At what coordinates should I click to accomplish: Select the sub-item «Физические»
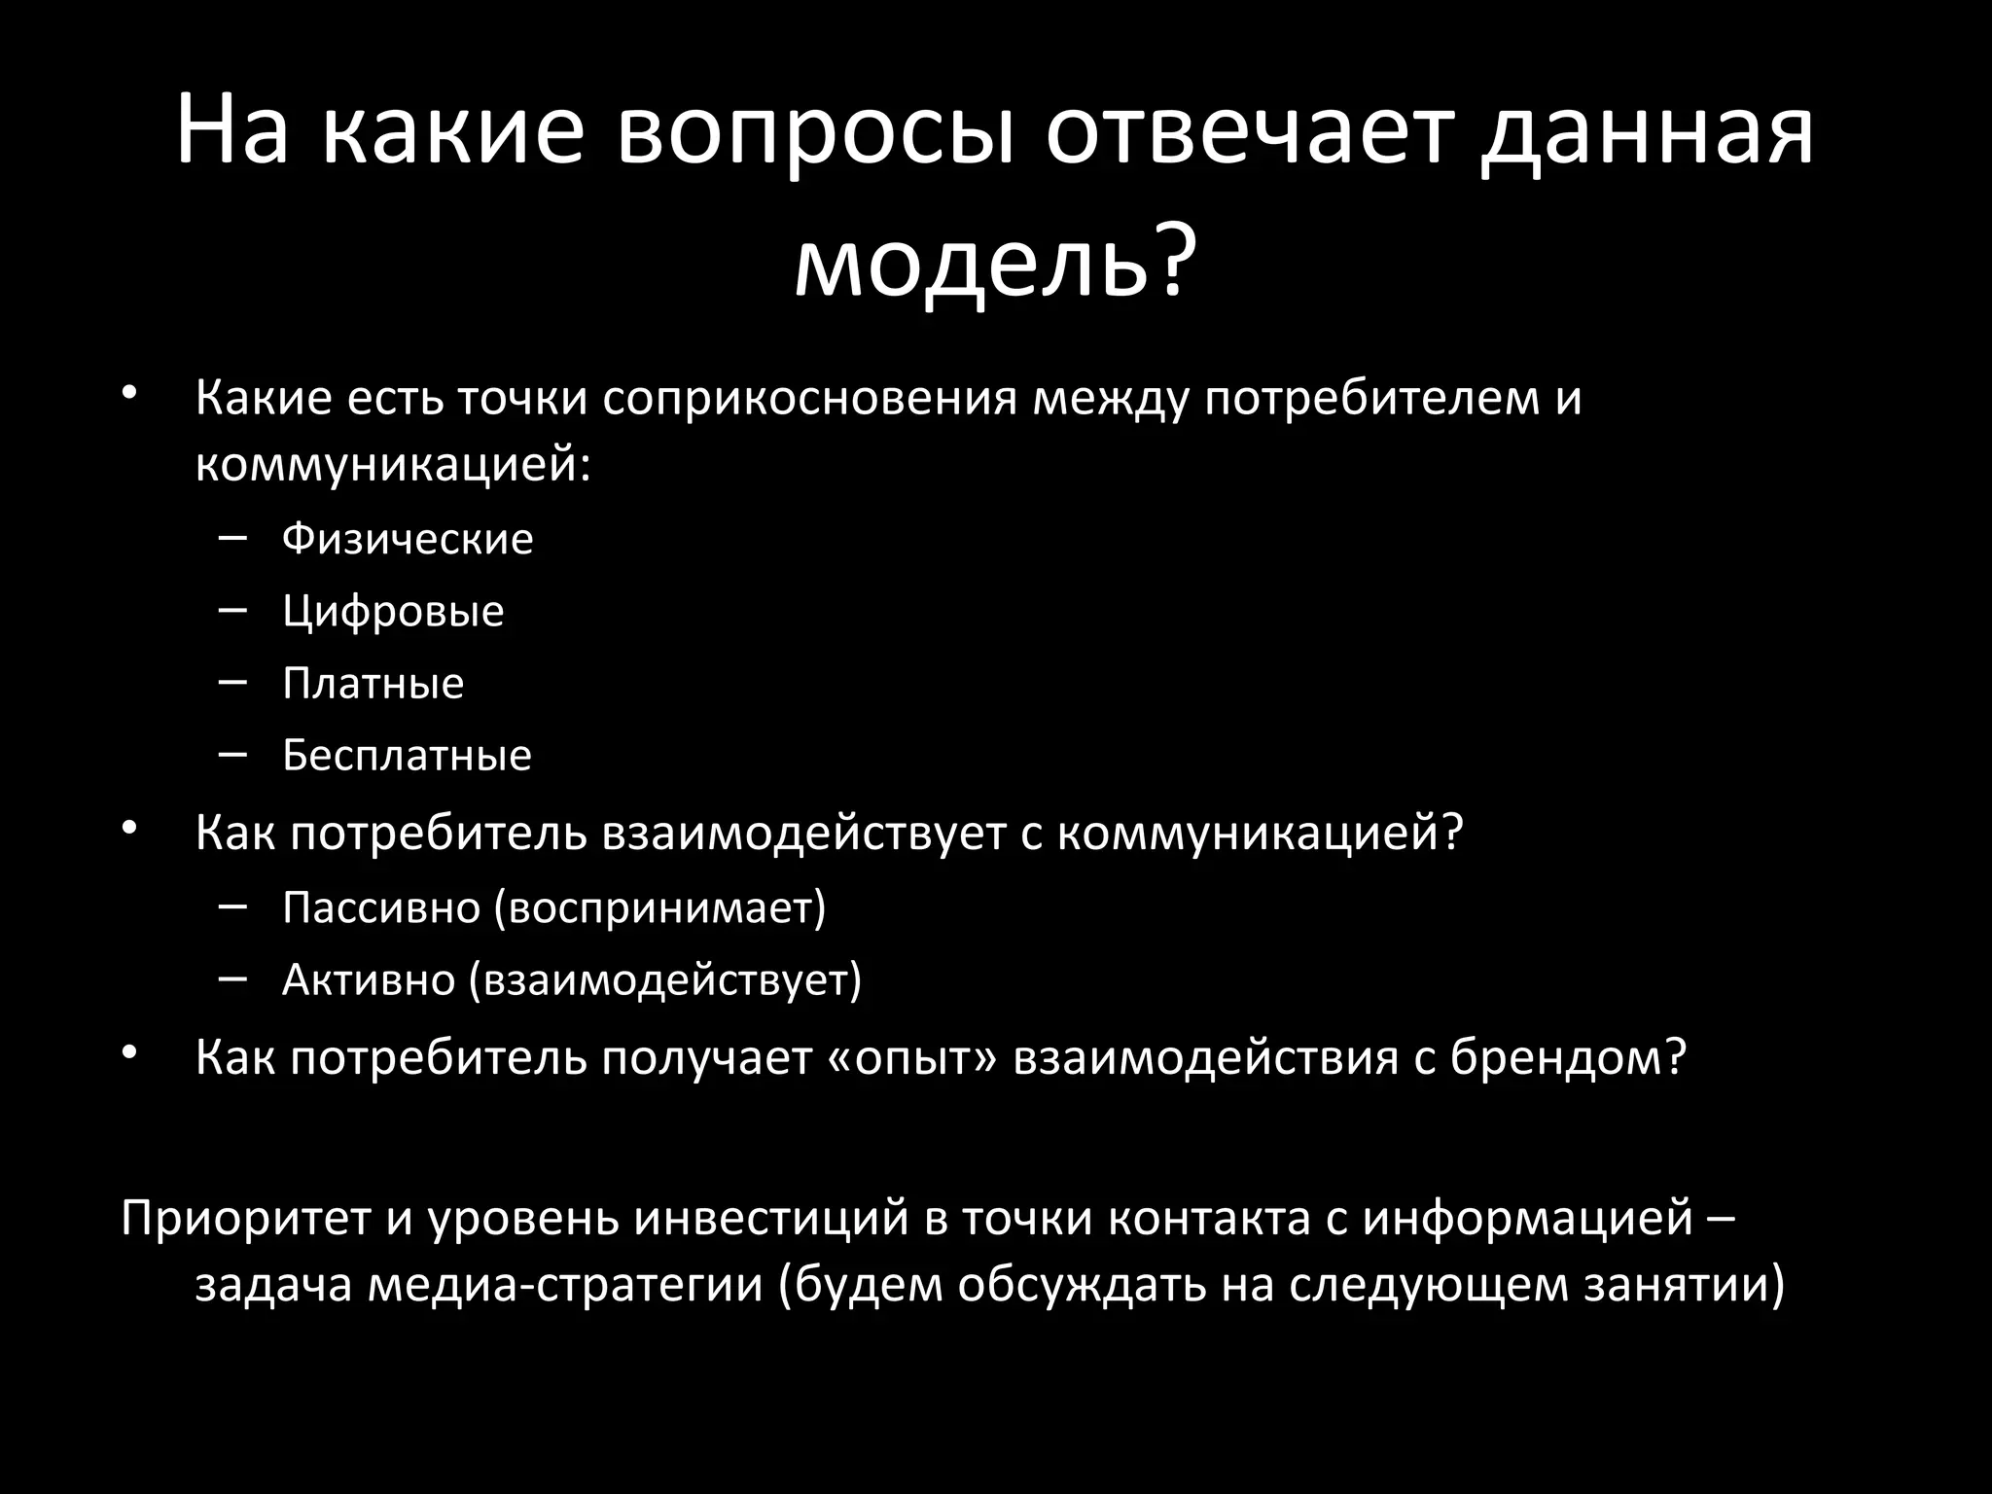click(408, 539)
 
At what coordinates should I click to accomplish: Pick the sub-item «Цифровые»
click(393, 612)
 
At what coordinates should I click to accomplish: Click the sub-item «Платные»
click(373, 684)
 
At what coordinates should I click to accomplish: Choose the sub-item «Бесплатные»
click(407, 756)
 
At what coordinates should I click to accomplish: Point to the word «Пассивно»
click(381, 907)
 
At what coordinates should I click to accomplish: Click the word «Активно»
click(369, 979)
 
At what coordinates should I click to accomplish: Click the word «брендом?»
click(1567, 1057)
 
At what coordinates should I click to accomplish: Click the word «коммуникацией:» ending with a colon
click(393, 465)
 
